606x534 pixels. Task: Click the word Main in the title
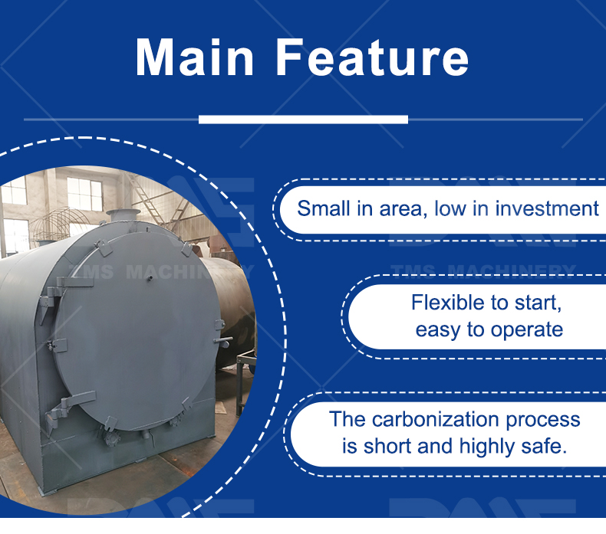tap(196, 58)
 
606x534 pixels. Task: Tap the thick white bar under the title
tap(303, 119)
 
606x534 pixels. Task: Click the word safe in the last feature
tap(545, 446)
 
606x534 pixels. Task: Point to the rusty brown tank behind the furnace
tap(234, 306)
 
